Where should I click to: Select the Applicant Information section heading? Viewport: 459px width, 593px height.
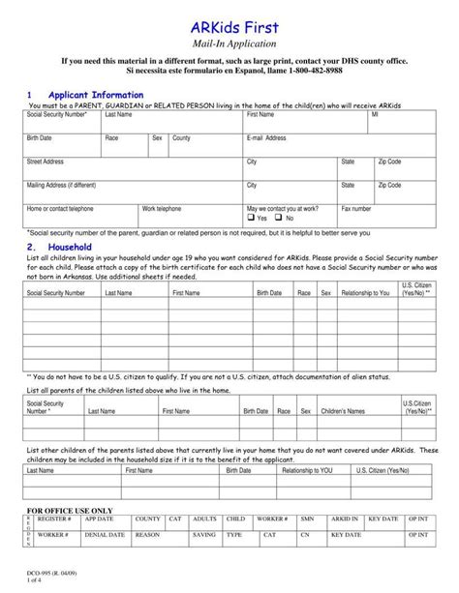point(96,95)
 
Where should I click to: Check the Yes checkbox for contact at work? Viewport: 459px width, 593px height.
point(251,219)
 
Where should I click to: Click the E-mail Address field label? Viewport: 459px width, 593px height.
point(266,138)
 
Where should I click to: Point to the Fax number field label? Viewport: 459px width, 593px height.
point(356,208)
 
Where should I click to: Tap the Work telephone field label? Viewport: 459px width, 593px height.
point(162,208)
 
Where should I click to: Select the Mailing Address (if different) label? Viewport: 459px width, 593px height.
point(62,185)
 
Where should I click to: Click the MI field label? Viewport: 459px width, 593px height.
point(375,115)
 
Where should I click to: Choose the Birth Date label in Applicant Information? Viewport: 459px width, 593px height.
point(40,138)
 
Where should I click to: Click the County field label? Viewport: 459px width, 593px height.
point(181,138)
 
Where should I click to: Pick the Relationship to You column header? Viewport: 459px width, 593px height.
point(365,292)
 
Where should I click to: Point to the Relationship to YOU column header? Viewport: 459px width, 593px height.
point(307,470)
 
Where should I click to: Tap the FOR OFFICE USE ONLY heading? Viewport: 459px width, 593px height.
point(69,510)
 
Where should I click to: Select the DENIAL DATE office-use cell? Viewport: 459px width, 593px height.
point(105,534)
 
